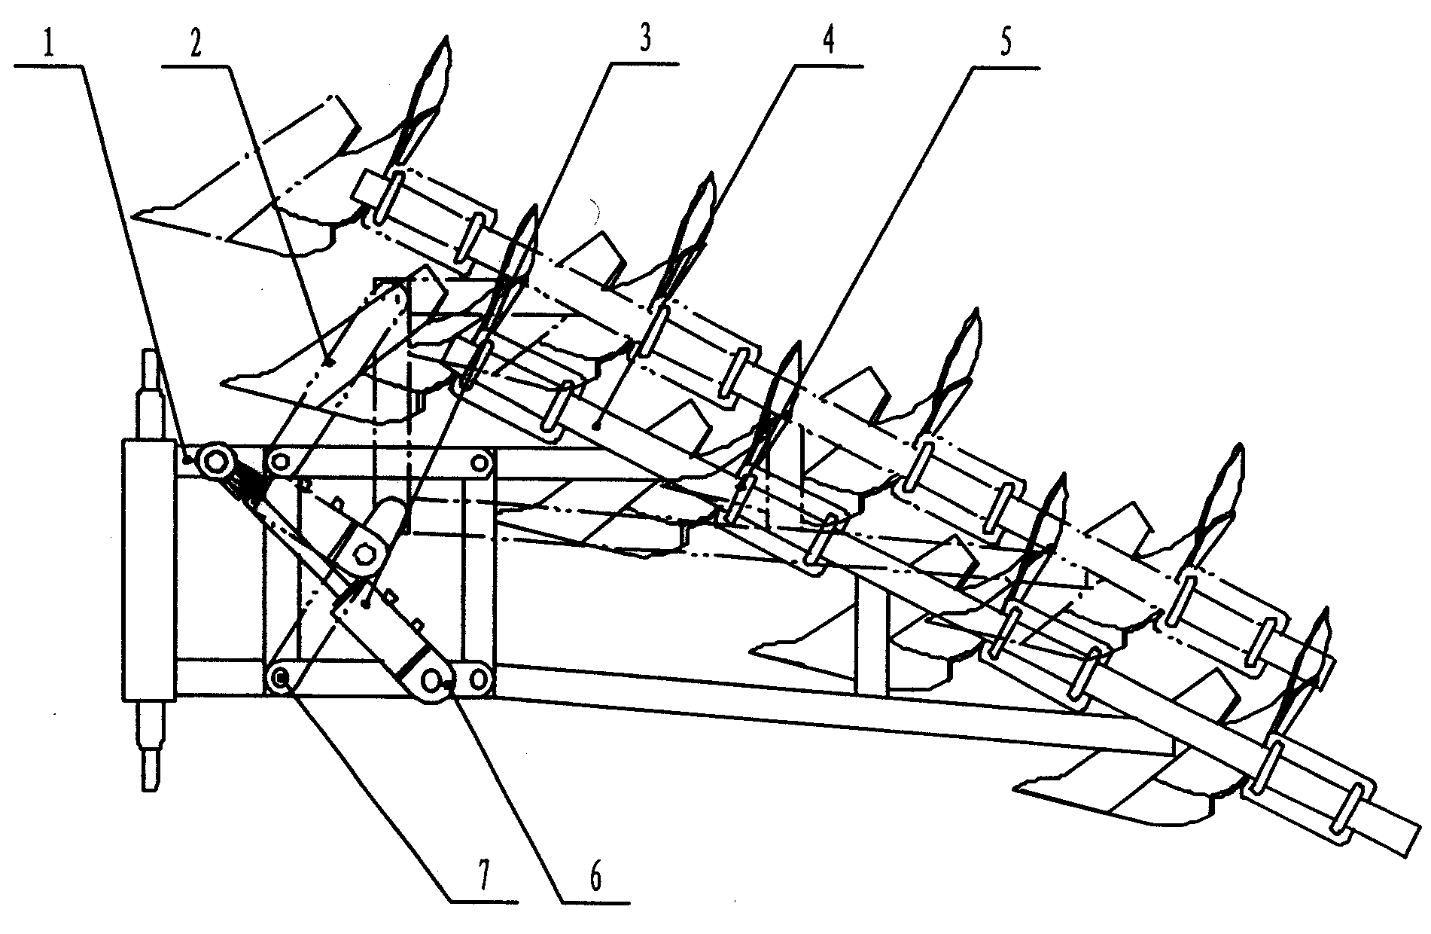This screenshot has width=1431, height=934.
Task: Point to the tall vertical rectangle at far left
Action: click(x=148, y=570)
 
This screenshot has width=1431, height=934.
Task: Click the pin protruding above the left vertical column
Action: click(x=148, y=395)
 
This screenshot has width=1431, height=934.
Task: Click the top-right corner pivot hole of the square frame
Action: click(x=478, y=462)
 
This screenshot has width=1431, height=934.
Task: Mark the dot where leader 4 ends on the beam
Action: click(x=596, y=426)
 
